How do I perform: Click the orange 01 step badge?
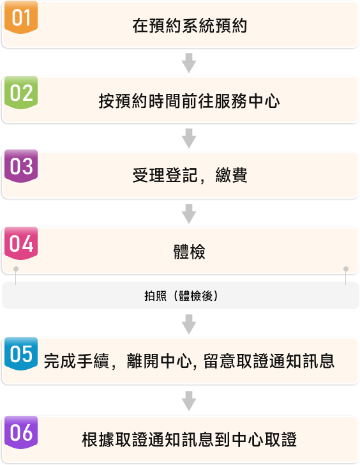click(x=21, y=17)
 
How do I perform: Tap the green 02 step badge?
click(x=21, y=93)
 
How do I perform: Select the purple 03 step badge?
click(x=21, y=166)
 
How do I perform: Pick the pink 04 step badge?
click(x=21, y=243)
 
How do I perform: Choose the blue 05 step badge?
click(x=21, y=354)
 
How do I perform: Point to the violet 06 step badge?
click(x=21, y=432)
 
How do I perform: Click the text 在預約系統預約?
click(x=190, y=26)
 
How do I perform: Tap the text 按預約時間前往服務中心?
click(x=190, y=101)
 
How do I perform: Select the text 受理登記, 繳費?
click(x=190, y=175)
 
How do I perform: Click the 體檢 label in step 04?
click(x=190, y=252)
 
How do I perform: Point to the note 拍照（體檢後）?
click(x=181, y=296)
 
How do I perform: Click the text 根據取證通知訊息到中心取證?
click(x=190, y=439)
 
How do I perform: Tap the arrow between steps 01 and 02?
click(x=189, y=63)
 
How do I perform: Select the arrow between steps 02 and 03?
click(x=189, y=138)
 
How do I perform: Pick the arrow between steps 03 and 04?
click(x=189, y=213)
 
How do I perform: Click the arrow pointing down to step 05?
click(x=189, y=324)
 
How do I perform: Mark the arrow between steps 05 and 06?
click(x=189, y=400)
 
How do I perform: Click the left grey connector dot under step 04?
click(x=16, y=269)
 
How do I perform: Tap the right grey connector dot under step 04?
click(x=346, y=269)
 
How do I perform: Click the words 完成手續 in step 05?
click(x=77, y=362)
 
